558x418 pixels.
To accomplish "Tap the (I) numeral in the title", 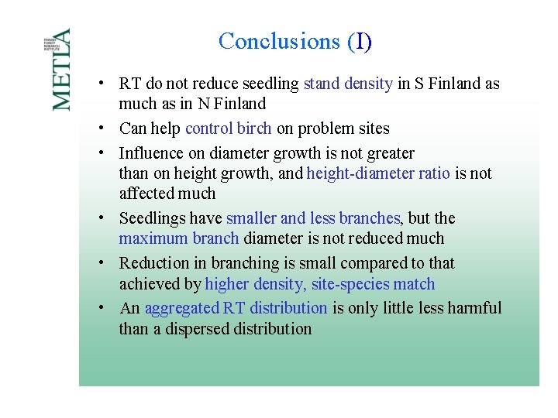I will click(360, 41).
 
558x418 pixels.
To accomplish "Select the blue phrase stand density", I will click(348, 84).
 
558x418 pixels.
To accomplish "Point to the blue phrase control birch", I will click(228, 128).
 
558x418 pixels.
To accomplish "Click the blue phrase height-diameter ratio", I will click(378, 173).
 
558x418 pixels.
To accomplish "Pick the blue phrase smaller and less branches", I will click(312, 218).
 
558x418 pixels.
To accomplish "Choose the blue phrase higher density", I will click(254, 284).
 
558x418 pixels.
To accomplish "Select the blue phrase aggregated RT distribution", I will click(236, 308).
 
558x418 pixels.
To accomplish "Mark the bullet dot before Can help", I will click(102, 128).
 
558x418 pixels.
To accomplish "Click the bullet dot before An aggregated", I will click(102, 308).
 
